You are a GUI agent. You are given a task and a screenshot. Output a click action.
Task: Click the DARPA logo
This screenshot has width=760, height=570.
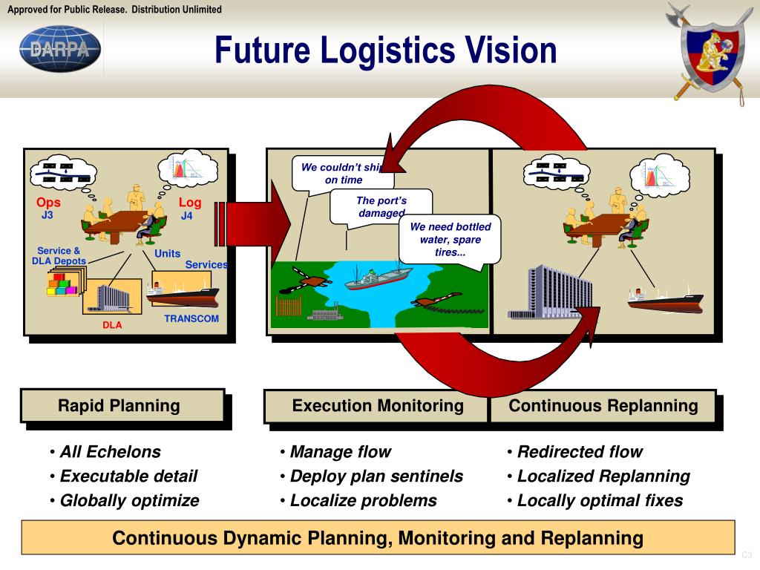60,49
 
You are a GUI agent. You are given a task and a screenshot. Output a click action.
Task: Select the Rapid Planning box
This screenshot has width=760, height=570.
122,405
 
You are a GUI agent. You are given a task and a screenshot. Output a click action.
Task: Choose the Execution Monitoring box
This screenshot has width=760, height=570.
377,405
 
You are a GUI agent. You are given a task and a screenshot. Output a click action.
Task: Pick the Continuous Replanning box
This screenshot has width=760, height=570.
603,405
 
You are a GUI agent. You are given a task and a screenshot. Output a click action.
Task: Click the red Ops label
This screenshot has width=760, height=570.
48,203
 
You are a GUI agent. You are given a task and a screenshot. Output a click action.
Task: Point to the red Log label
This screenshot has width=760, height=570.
189,203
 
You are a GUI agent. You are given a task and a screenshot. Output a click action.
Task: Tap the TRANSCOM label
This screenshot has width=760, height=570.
191,318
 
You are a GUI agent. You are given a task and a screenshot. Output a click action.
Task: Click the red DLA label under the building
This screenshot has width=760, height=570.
112,325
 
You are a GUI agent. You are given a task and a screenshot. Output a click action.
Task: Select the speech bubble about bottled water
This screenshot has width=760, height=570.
449,240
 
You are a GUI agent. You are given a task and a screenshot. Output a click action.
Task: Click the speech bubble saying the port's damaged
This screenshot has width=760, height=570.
381,206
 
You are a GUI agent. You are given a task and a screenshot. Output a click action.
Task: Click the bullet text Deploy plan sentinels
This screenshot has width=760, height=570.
376,476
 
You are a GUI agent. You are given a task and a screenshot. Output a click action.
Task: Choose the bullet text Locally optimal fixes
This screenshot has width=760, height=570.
600,500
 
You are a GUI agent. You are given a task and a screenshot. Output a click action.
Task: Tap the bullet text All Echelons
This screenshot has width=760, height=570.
110,451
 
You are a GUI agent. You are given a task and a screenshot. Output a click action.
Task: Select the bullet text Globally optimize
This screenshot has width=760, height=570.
129,500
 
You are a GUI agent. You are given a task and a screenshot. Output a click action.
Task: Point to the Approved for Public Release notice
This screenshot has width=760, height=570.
114,9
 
